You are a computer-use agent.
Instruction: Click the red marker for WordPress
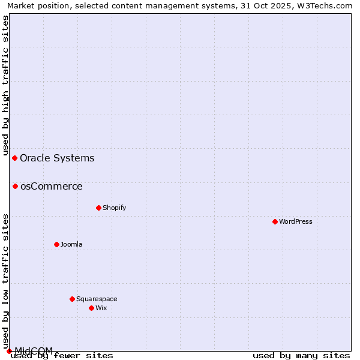275,221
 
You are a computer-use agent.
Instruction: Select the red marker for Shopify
98,208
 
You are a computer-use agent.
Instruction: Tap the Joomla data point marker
56,244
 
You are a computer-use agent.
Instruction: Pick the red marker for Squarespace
72,299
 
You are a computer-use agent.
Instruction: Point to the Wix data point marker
91,308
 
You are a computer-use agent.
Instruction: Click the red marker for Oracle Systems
15,158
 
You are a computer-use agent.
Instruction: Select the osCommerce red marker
15,186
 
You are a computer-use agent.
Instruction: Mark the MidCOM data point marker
9,351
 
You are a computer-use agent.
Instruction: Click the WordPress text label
296,221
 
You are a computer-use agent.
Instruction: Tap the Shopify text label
114,208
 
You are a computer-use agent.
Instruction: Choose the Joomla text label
71,244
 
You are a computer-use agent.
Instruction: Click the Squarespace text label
97,299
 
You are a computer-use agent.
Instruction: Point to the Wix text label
101,308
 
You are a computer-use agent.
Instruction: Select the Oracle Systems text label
57,158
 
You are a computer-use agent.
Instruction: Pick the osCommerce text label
52,186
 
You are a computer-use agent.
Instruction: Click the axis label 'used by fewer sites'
62,355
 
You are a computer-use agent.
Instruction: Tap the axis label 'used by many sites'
301,355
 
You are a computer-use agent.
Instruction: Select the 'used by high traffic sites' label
5,85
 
